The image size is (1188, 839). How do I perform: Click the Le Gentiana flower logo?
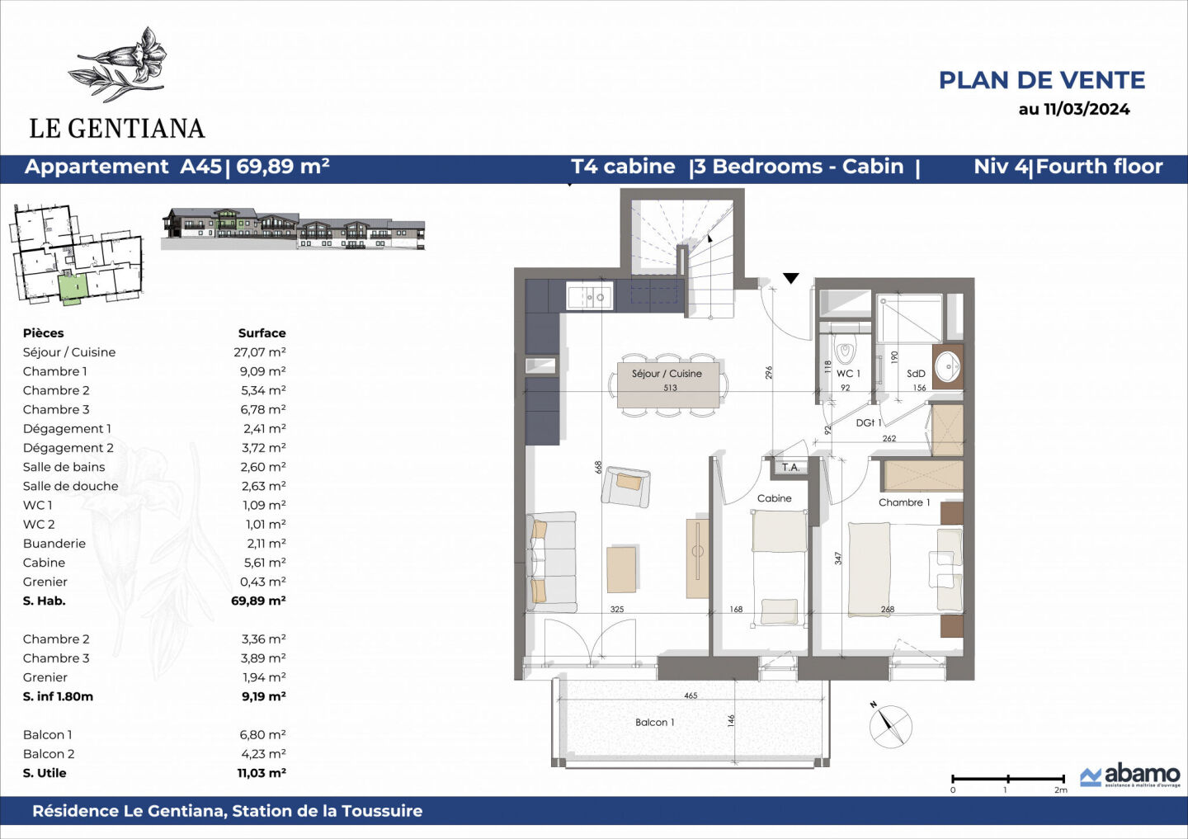[120, 64]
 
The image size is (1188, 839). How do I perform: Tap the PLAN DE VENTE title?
[1042, 80]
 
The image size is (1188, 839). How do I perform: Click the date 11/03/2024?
[1074, 109]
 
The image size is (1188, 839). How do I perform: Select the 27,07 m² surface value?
[259, 352]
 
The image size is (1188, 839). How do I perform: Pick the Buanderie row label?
[54, 544]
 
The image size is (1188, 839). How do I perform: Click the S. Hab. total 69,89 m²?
[258, 601]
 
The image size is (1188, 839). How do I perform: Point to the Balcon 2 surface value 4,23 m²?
[262, 754]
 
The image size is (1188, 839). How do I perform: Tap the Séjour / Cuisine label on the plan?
[667, 374]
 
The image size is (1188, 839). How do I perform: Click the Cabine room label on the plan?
[774, 498]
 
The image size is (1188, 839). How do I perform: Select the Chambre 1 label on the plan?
[903, 502]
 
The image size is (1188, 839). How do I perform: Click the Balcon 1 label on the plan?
[654, 723]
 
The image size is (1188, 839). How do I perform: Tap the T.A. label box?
[790, 468]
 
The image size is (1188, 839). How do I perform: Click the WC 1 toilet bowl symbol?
[844, 353]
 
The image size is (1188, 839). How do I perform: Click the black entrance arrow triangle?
[791, 279]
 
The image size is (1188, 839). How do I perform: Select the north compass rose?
[890, 727]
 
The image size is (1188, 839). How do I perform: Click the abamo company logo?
[1130, 775]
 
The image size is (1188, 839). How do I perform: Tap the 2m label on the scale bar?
[1060, 790]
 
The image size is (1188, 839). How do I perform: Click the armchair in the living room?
[625, 486]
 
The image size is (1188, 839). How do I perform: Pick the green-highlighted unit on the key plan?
[73, 288]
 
